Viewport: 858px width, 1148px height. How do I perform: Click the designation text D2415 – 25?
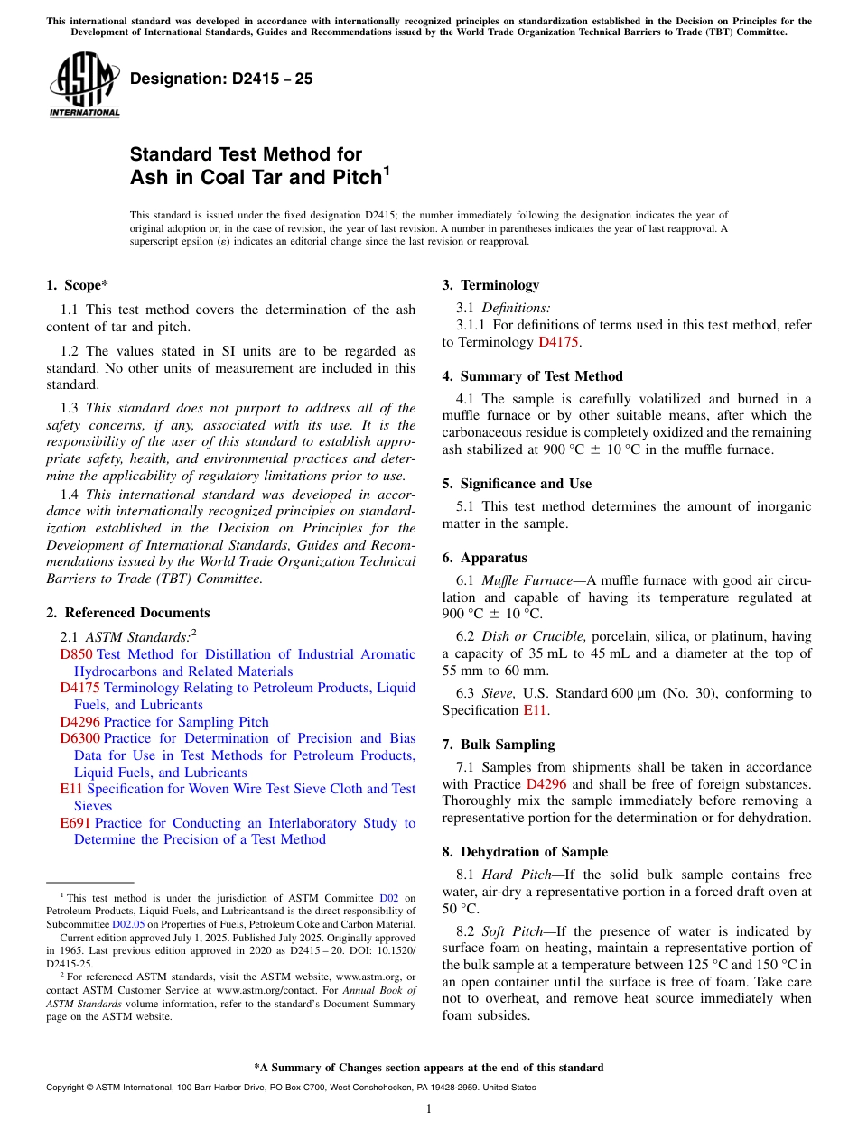222,79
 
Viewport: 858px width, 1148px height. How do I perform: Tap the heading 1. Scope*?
78,285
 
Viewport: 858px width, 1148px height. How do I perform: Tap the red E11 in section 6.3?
534,710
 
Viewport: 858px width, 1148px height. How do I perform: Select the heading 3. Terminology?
490,285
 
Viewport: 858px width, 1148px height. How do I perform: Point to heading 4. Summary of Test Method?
532,376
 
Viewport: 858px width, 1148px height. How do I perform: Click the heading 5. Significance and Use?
517,484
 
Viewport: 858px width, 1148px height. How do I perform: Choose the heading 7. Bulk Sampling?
499,745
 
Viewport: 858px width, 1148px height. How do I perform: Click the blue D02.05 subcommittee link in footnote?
128,924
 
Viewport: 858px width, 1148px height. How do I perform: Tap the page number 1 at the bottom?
429,1108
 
